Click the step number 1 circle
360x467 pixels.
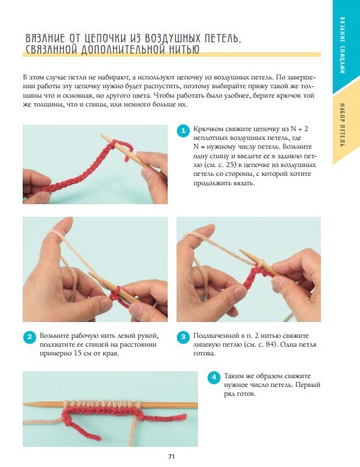tap(183, 130)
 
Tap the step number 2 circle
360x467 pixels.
tap(30, 337)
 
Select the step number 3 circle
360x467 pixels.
tap(183, 337)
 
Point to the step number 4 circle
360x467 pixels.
tap(214, 378)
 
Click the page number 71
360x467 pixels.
tap(171, 456)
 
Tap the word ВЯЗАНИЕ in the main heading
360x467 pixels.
tap(45, 38)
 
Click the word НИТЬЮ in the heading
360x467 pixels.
tap(184, 49)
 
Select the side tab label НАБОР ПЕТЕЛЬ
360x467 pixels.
tap(342, 125)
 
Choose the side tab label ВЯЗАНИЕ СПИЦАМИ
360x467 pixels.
tap(342, 45)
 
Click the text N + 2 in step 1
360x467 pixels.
tap(299, 129)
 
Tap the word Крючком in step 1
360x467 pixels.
tap(208, 129)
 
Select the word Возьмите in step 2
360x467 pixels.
tap(55, 336)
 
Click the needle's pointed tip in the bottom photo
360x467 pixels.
tap(25, 404)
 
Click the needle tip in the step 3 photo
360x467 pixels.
tap(241, 251)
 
